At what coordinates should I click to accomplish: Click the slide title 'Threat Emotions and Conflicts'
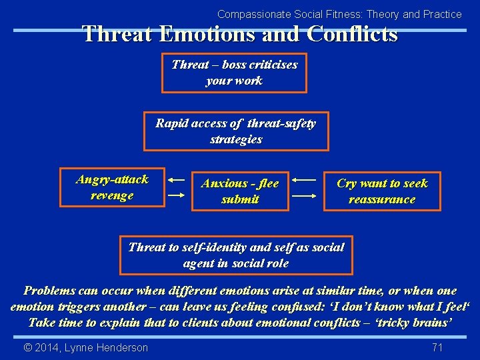click(x=240, y=34)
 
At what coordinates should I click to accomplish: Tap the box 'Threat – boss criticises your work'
click(x=234, y=73)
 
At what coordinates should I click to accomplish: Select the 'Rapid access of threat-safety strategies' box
click(x=236, y=131)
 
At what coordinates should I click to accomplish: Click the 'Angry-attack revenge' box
click(x=112, y=187)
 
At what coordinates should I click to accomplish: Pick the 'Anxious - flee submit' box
click(x=240, y=191)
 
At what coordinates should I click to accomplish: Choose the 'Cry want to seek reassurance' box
click(x=382, y=191)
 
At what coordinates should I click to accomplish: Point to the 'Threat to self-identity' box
click(x=236, y=255)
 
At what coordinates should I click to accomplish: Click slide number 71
click(x=437, y=347)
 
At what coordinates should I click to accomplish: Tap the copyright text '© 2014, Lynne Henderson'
click(x=86, y=347)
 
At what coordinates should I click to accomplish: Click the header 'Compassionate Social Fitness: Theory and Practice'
click(x=339, y=14)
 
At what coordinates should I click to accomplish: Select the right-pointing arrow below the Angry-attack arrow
click(x=176, y=195)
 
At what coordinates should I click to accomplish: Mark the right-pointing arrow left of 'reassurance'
click(x=304, y=197)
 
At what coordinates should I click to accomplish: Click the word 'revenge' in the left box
click(x=112, y=196)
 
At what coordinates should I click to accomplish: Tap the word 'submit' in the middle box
click(x=240, y=200)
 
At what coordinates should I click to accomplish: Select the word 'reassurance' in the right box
click(x=382, y=200)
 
